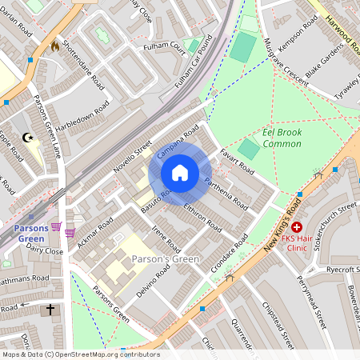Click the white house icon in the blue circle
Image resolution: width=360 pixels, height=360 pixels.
point(180,173)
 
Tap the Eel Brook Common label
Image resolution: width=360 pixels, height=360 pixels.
point(282,138)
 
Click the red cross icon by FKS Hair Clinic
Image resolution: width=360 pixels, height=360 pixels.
point(296,228)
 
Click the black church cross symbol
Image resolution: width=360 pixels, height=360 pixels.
point(50,308)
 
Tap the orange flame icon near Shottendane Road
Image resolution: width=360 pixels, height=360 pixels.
point(54,46)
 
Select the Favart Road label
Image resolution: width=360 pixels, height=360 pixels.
point(238,160)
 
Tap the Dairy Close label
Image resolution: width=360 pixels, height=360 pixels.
point(44,251)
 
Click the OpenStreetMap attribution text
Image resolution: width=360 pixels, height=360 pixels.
point(80,354)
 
